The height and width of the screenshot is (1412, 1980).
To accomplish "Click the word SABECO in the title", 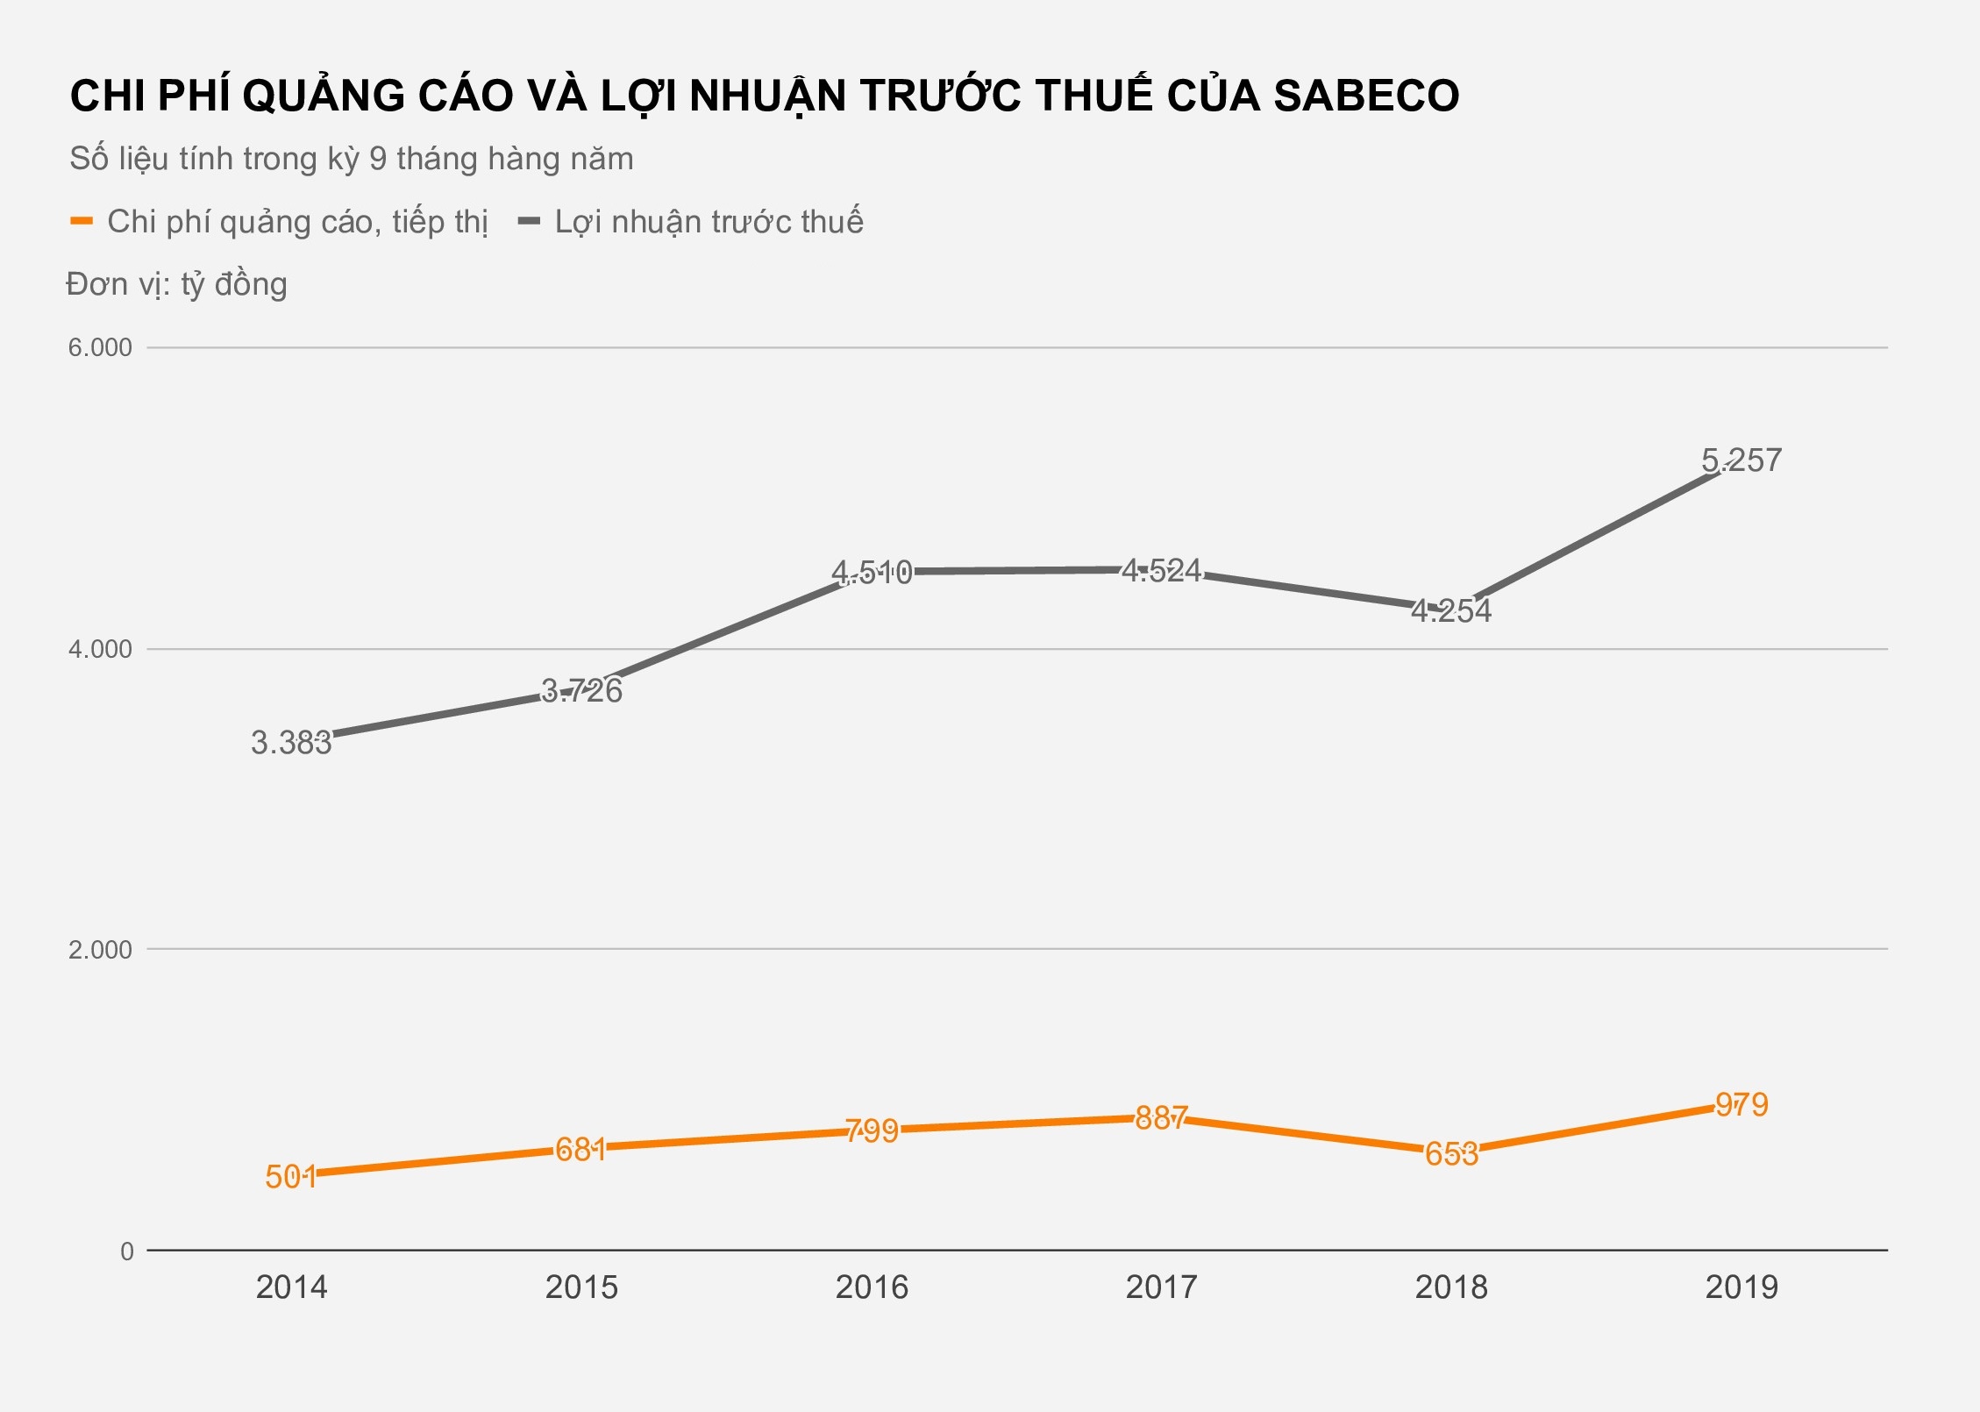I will [x=1366, y=96].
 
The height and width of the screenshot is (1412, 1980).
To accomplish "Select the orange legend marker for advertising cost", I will [x=82, y=221].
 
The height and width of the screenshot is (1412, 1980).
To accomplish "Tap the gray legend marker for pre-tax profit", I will [x=529, y=221].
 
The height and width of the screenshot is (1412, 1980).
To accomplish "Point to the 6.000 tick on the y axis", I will [x=100, y=347].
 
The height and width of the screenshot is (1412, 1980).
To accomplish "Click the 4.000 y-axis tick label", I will [x=100, y=649].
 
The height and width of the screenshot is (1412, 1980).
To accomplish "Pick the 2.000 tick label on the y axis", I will [x=100, y=950].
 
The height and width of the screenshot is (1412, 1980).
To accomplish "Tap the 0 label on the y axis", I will [x=127, y=1252].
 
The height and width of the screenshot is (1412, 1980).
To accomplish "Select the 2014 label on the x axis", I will [x=291, y=1287].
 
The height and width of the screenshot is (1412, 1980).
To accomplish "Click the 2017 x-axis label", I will [x=1161, y=1287].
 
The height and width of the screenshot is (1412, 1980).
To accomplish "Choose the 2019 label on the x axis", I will [x=1741, y=1287].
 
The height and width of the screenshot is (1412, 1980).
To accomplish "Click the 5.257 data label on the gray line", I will [x=1741, y=460].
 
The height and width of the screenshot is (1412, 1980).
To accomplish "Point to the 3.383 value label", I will [x=291, y=743].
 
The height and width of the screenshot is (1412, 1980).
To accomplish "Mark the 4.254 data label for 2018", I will [x=1451, y=611].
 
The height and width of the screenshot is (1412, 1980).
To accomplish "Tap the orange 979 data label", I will [x=1741, y=1105].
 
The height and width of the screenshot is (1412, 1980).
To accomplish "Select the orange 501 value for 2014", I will [x=291, y=1177].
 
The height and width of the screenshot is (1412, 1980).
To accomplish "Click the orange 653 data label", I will [x=1451, y=1154].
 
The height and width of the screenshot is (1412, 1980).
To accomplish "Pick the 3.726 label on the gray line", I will [x=581, y=691].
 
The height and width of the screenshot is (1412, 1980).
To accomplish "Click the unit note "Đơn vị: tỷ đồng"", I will [x=177, y=284].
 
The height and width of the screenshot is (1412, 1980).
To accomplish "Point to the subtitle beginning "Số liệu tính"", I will [x=352, y=159].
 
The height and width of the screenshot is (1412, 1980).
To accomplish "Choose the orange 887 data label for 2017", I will [x=1161, y=1118].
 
